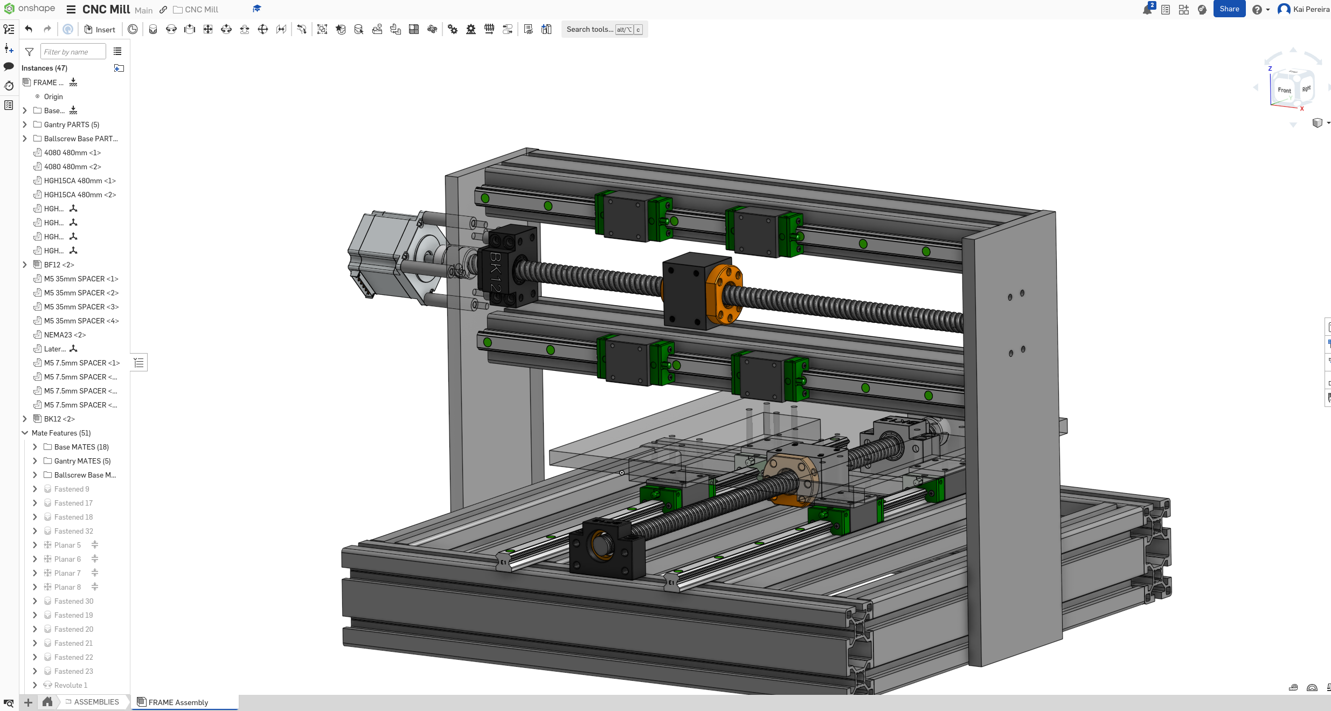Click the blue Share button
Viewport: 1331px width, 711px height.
click(x=1229, y=9)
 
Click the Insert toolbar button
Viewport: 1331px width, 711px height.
click(x=100, y=30)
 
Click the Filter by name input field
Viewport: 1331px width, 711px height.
click(x=73, y=52)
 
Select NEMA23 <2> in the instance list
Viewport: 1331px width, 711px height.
click(x=65, y=335)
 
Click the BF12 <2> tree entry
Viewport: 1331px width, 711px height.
click(x=59, y=265)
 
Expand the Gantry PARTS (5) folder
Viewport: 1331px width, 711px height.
click(x=25, y=125)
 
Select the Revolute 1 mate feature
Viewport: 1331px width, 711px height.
click(x=71, y=685)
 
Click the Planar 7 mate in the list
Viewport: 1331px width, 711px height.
click(x=67, y=573)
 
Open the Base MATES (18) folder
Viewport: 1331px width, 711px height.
click(x=35, y=447)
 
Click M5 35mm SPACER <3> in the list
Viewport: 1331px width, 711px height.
click(x=81, y=307)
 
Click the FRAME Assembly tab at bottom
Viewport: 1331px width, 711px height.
click(x=178, y=702)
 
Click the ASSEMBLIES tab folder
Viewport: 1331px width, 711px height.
click(x=96, y=702)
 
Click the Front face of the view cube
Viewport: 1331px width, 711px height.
click(x=1284, y=90)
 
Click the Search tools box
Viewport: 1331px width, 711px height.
click(x=590, y=30)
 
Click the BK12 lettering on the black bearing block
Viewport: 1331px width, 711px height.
click(x=495, y=272)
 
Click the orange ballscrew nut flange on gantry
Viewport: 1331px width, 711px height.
click(x=724, y=294)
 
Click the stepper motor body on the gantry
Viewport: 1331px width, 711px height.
click(x=377, y=253)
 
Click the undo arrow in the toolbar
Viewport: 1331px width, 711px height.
click(x=29, y=30)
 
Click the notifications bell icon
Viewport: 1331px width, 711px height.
click(x=1147, y=10)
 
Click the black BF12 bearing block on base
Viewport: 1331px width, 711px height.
click(x=606, y=550)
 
